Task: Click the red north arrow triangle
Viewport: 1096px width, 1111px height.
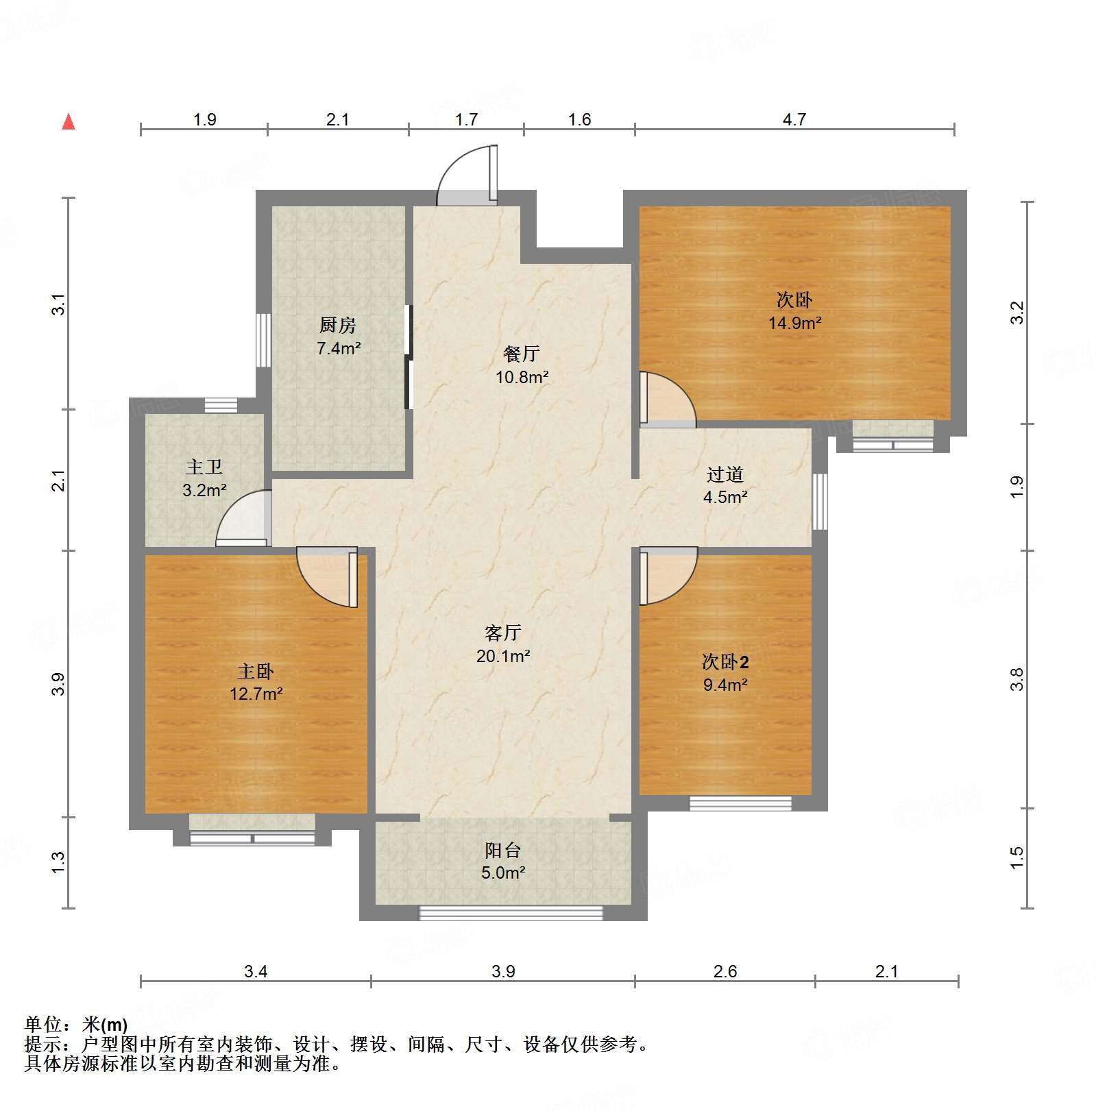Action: (x=69, y=122)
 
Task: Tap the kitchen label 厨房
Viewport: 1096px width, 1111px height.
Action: (x=338, y=325)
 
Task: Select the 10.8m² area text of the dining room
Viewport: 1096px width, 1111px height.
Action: (x=522, y=377)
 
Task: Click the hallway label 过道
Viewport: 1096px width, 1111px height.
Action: (x=724, y=474)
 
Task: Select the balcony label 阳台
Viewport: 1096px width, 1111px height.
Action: (x=503, y=850)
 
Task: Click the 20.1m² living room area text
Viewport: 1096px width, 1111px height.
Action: (x=503, y=656)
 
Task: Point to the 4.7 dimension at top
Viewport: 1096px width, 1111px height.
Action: (x=794, y=120)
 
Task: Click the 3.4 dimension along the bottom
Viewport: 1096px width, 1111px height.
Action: (x=255, y=970)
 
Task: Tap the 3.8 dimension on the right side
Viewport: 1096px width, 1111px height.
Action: (x=1016, y=679)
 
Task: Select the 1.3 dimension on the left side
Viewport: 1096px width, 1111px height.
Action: (x=59, y=862)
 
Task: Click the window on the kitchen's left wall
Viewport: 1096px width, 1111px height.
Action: (x=263, y=341)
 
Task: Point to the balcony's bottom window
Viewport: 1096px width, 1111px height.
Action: (x=511, y=912)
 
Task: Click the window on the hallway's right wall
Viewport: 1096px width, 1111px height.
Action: (x=820, y=501)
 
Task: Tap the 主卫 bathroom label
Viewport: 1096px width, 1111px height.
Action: (x=204, y=467)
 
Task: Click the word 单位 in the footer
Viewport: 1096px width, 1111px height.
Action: (x=43, y=1025)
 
